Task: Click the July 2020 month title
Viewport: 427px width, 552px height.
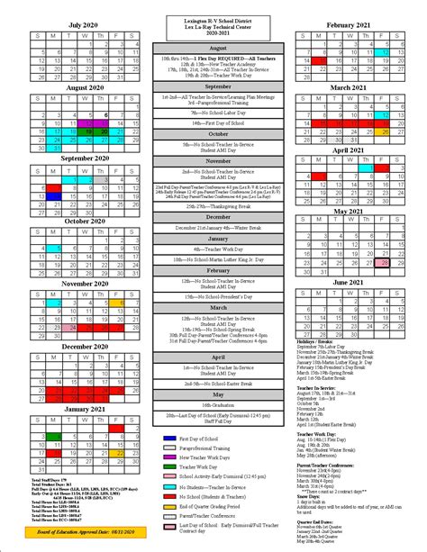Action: pos(82,24)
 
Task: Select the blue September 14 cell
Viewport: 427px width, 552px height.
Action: pos(53,195)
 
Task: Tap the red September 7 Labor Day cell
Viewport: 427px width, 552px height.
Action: pos(53,186)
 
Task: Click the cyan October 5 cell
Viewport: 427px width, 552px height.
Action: pos(53,249)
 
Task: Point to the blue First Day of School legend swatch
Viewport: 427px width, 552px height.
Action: pos(171,439)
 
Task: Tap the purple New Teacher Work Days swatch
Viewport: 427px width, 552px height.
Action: pos(171,457)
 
